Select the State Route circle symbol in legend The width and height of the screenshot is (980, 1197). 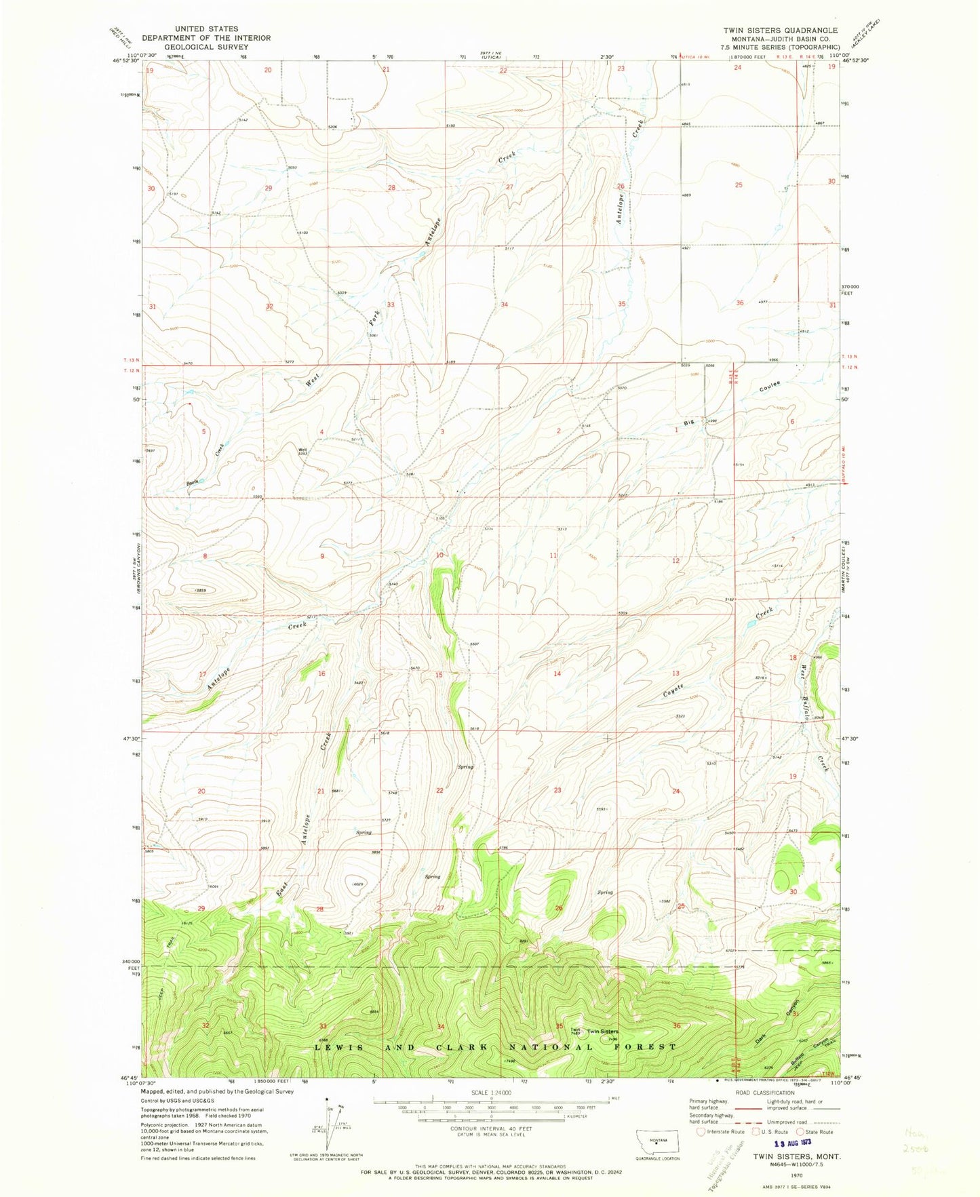pyautogui.click(x=800, y=1131)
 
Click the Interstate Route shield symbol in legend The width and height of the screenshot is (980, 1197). pyautogui.click(x=701, y=1131)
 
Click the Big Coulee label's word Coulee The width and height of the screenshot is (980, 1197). pyautogui.click(x=771, y=389)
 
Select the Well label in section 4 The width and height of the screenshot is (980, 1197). pyautogui.click(x=304, y=448)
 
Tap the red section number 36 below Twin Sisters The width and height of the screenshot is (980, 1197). pyautogui.click(x=676, y=1025)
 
